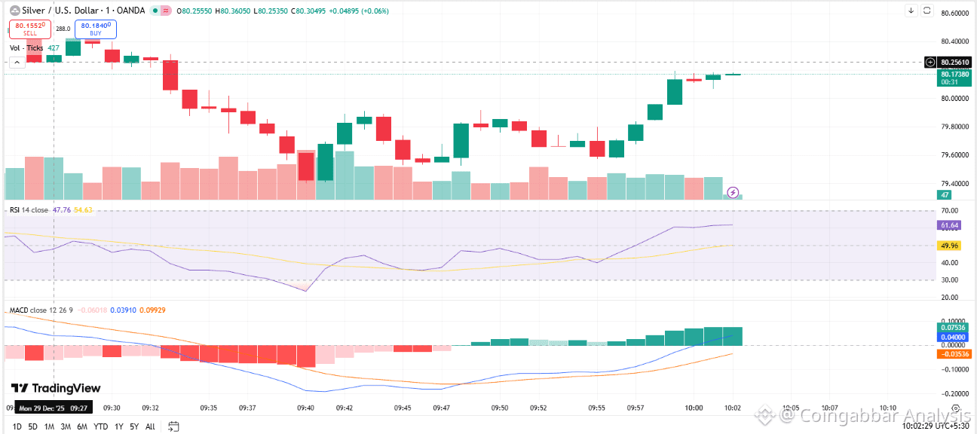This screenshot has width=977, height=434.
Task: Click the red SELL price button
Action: point(29,29)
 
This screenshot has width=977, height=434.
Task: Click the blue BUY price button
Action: point(95,29)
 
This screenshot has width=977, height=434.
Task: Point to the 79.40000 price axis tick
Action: point(954,183)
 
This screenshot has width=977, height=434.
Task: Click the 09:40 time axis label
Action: point(305,408)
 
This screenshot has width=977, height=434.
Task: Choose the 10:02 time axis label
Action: point(733,408)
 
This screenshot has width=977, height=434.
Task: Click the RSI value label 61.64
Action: point(949,225)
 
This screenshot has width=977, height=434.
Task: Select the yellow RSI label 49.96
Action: point(949,246)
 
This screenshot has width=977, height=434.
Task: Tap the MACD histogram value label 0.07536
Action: point(951,328)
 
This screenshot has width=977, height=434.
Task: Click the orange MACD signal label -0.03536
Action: point(951,353)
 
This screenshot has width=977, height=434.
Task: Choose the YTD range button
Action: point(100,426)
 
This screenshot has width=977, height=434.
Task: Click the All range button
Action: point(150,426)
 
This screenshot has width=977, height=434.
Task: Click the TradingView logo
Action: point(55,388)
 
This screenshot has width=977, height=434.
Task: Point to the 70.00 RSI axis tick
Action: point(949,210)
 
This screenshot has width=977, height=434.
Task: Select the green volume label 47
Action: point(943,195)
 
